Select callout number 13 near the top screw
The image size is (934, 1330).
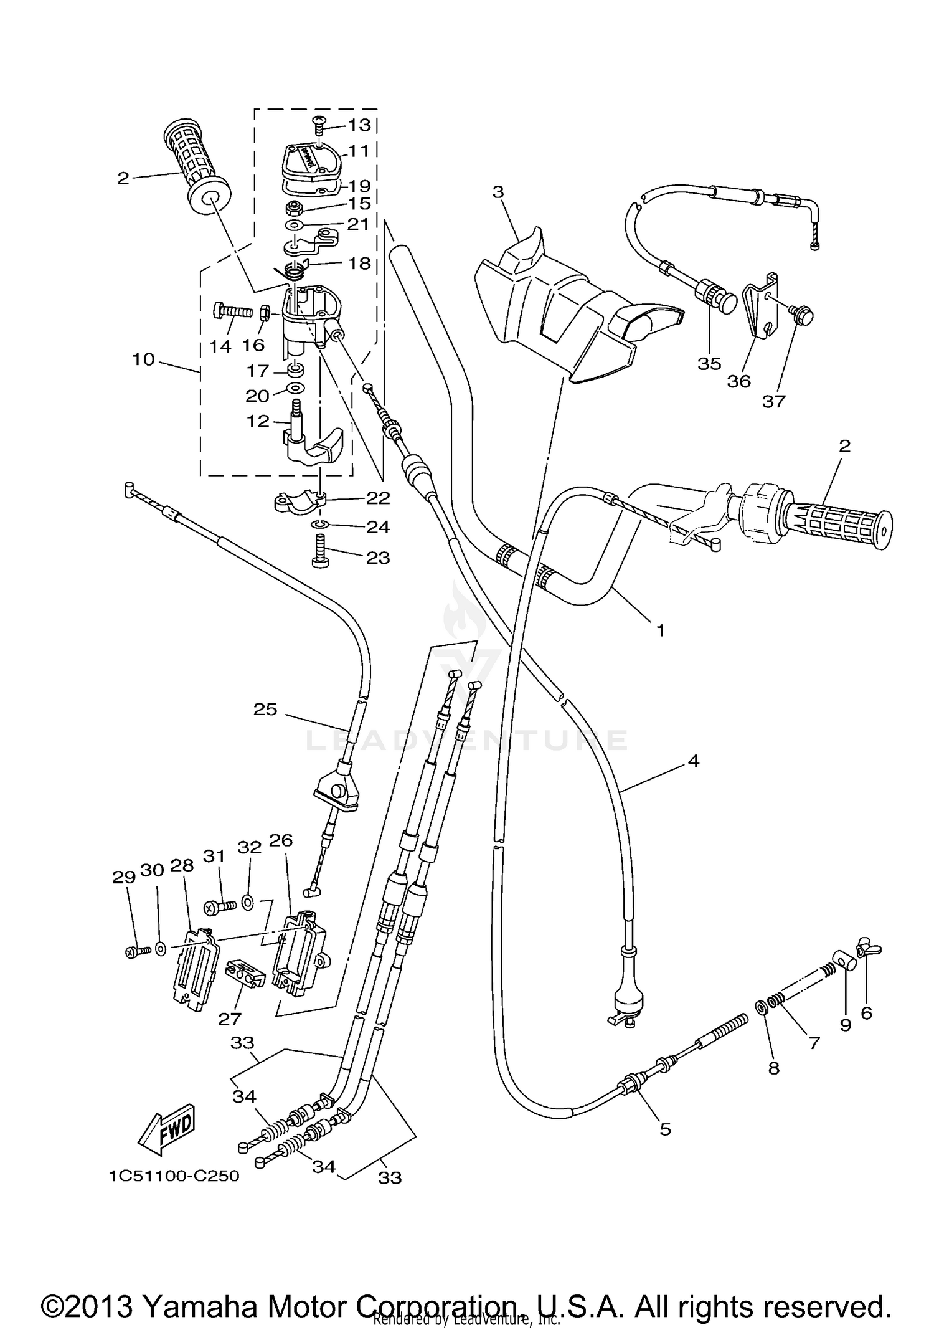[359, 125]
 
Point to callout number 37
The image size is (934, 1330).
[774, 402]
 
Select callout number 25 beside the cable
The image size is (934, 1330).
[265, 709]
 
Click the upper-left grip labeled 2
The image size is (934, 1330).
[196, 165]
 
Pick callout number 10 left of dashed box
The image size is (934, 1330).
[144, 359]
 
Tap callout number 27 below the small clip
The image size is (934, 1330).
[230, 1019]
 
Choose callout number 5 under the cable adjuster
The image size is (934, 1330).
[665, 1129]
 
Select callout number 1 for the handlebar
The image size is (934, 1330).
[660, 630]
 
